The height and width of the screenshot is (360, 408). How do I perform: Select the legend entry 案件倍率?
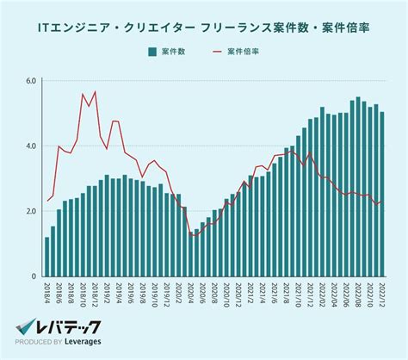244,53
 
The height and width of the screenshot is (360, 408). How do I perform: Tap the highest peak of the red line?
95,91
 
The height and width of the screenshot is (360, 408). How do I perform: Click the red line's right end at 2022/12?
382,202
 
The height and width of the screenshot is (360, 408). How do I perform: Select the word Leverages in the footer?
82,343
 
